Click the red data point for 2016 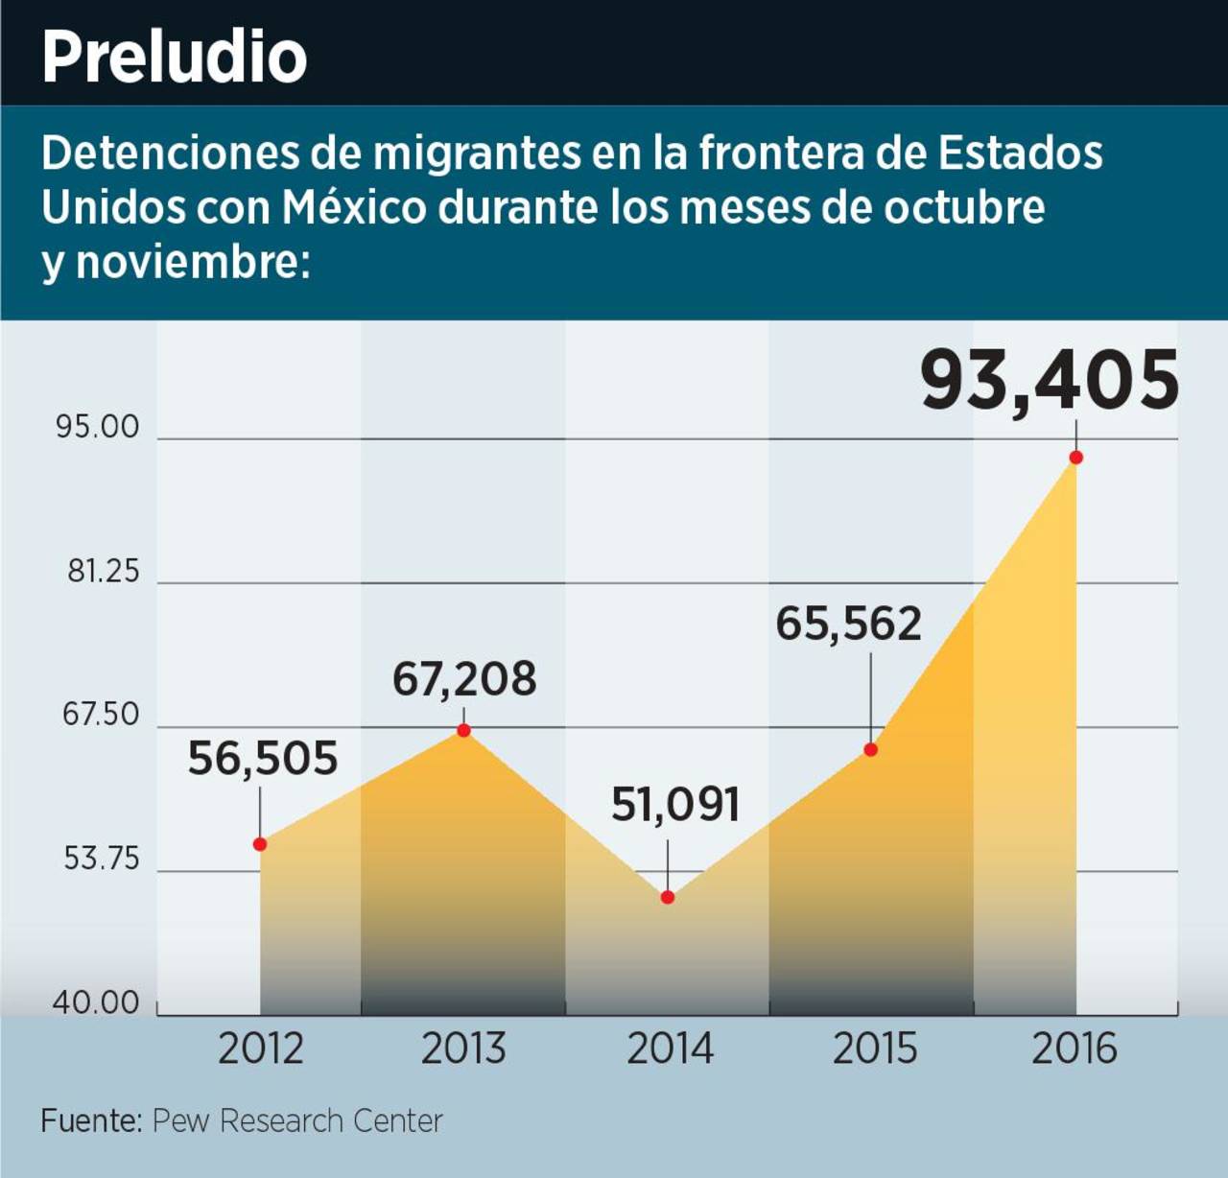(x=1075, y=458)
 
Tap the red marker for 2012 (x=260, y=844)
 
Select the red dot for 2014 (x=668, y=897)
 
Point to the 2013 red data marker (x=463, y=731)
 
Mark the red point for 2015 (x=871, y=749)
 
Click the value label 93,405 (x=1050, y=380)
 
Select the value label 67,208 (x=464, y=679)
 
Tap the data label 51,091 (x=675, y=805)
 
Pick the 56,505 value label (x=262, y=758)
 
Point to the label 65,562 (x=848, y=624)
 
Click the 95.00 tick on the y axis (x=98, y=427)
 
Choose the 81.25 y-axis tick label (x=103, y=572)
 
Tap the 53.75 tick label (x=102, y=859)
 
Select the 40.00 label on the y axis (x=96, y=1003)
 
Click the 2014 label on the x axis (x=670, y=1048)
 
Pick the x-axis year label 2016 (x=1074, y=1048)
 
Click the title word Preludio (x=174, y=58)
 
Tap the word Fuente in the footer (x=90, y=1120)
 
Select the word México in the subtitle (x=354, y=207)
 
